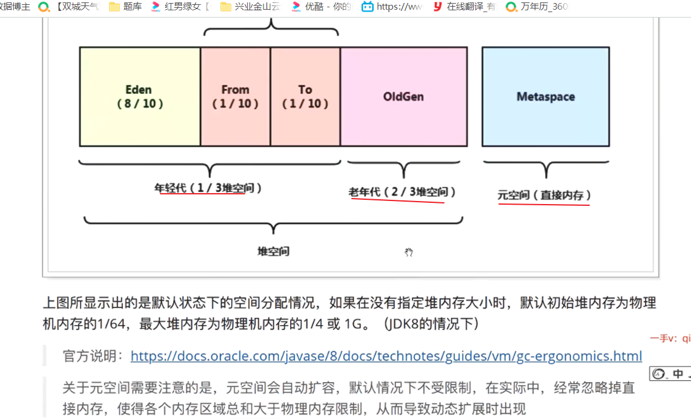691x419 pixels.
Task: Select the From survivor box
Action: point(235,121)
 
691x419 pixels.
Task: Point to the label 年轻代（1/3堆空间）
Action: point(208,188)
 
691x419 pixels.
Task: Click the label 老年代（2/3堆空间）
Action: point(402,192)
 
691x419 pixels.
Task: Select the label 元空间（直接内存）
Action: point(544,195)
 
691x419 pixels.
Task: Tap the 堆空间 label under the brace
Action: point(274,251)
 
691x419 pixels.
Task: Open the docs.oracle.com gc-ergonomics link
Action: point(386,356)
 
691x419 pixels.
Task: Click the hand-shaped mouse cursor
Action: point(409,252)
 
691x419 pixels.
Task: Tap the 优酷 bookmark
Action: point(320,7)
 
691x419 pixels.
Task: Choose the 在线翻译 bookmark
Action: point(464,7)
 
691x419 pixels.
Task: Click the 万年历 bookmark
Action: point(537,7)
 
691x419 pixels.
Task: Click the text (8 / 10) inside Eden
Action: point(141,104)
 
